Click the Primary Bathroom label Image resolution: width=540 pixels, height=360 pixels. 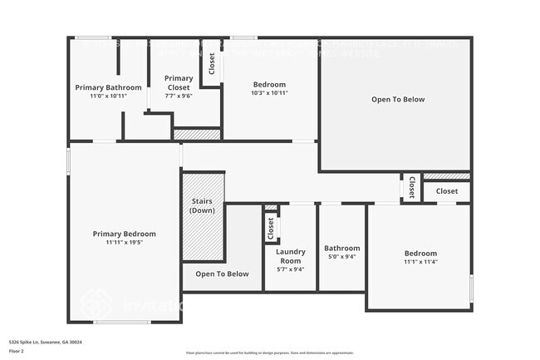point(108,87)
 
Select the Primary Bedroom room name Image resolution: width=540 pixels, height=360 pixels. point(124,234)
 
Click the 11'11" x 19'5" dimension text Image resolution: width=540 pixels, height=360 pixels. point(124,243)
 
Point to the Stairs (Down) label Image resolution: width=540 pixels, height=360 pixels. point(203,205)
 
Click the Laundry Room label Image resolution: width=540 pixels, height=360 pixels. point(290,256)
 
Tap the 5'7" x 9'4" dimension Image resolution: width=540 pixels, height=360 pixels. point(290,269)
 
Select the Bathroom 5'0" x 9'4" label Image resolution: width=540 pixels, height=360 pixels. point(341,249)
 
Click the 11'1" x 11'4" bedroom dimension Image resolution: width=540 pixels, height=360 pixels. point(420,263)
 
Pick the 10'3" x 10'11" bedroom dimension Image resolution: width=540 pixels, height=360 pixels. point(269,93)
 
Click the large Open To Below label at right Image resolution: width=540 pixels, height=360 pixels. point(397,100)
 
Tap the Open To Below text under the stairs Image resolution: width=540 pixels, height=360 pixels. point(222,274)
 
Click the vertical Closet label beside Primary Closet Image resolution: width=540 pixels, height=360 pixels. point(212,64)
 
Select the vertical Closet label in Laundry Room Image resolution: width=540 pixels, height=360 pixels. point(270,226)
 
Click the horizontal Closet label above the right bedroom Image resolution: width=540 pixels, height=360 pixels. point(446,191)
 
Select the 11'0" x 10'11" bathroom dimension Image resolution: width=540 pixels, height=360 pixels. point(108,96)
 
